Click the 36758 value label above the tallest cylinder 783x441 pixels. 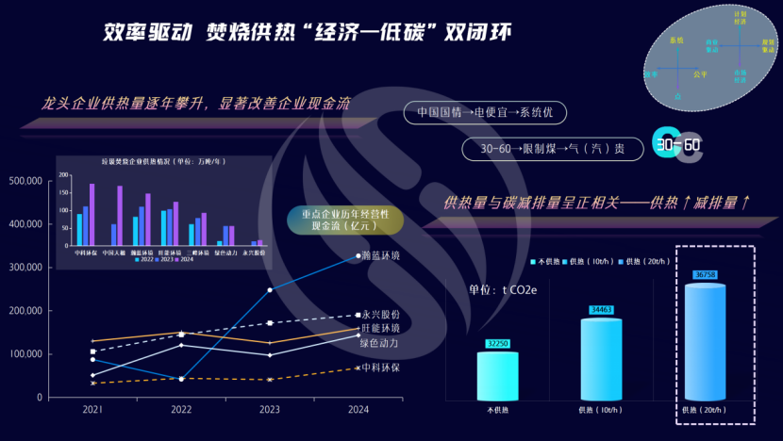705,274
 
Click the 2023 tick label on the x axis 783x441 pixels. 269,410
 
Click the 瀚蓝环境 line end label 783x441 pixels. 380,256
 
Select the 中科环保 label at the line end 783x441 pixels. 380,367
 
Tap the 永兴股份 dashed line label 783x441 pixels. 381,314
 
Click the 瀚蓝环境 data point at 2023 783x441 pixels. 269,289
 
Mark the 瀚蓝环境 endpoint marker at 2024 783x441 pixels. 358,255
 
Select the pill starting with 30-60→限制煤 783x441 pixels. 552,148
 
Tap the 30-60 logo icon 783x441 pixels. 678,145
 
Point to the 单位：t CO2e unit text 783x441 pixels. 502,289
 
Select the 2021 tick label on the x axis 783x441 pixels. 92,410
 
